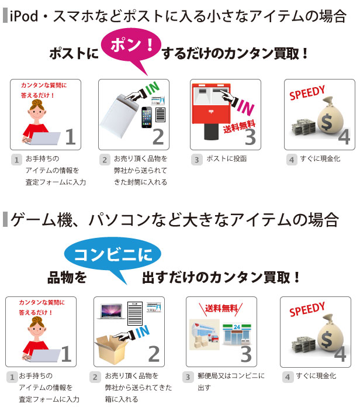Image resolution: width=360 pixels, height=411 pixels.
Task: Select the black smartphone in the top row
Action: click(x=146, y=119)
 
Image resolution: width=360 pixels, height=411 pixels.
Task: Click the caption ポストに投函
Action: click(x=226, y=158)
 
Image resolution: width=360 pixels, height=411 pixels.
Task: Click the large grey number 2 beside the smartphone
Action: click(x=158, y=136)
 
